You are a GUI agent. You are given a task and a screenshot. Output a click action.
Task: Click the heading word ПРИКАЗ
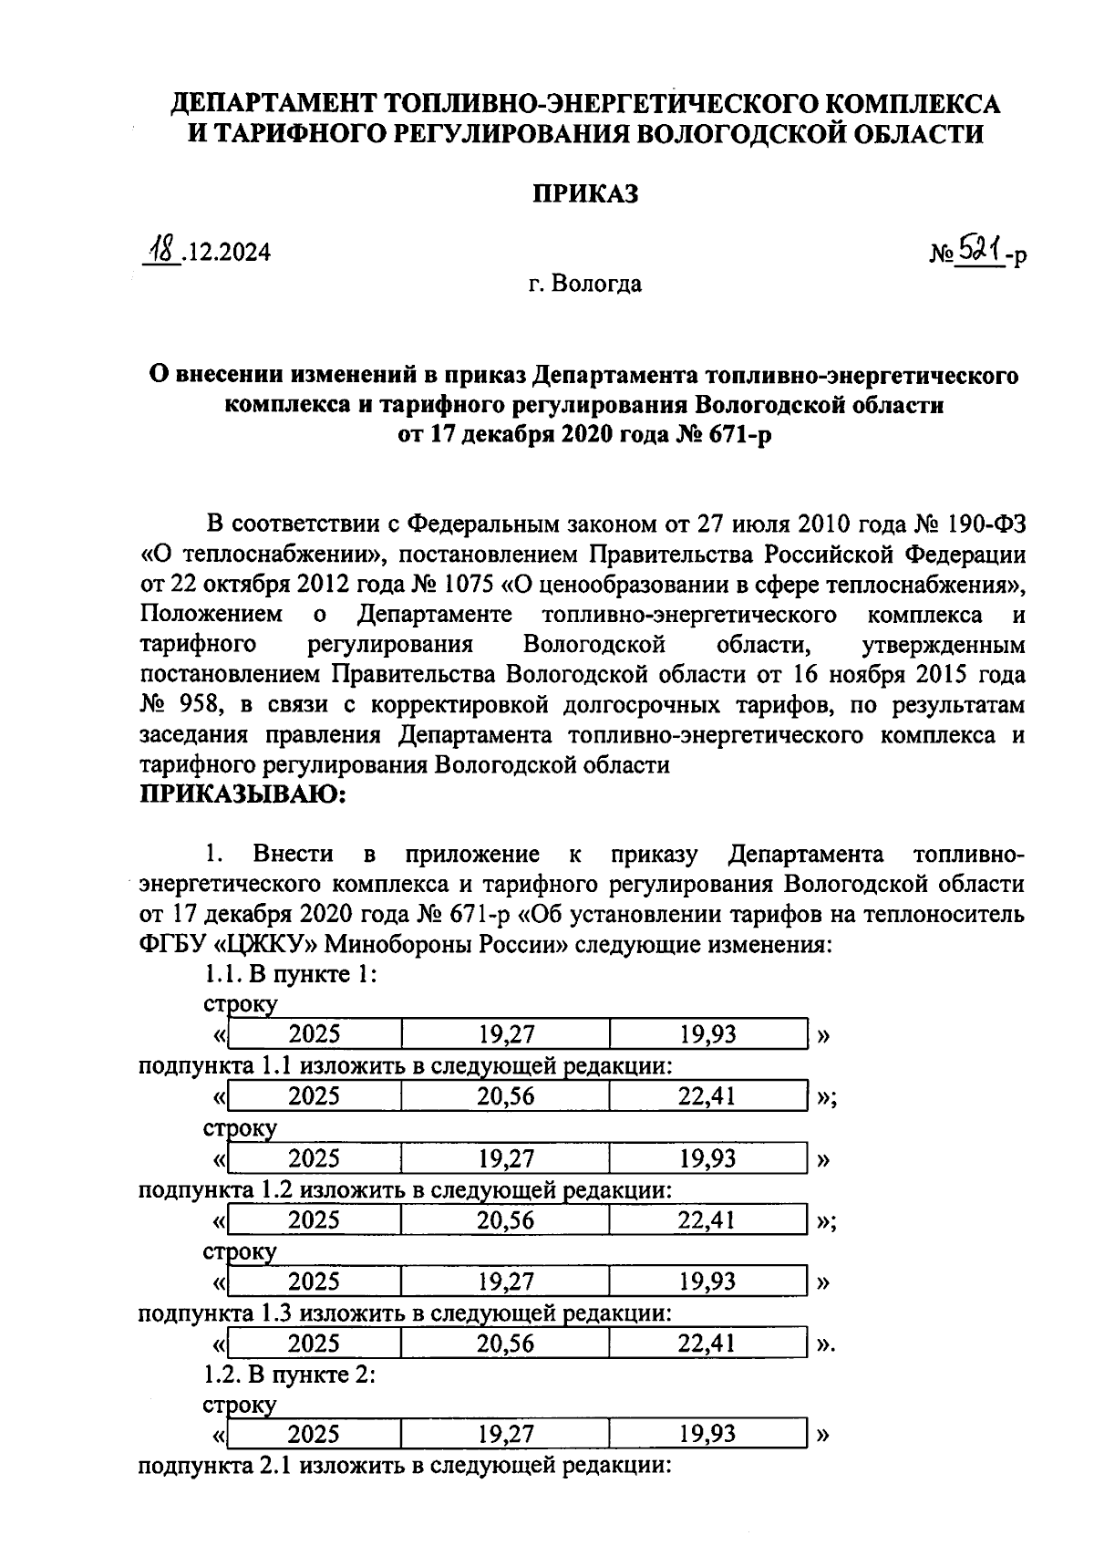tap(584, 193)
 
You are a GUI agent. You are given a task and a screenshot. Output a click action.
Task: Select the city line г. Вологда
tap(584, 284)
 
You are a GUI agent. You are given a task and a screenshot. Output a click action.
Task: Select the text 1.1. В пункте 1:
tap(290, 974)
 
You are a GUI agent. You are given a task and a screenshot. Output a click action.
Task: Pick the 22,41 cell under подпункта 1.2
tap(706, 1220)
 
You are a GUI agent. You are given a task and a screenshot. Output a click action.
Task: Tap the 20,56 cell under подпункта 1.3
tap(505, 1344)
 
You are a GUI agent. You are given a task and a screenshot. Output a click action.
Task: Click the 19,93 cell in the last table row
tap(706, 1434)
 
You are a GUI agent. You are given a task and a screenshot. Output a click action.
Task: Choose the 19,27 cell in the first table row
tap(505, 1034)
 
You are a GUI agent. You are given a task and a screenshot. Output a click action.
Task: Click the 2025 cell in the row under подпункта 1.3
tap(314, 1344)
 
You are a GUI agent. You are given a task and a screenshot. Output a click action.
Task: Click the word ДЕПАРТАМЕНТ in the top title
tap(274, 104)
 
